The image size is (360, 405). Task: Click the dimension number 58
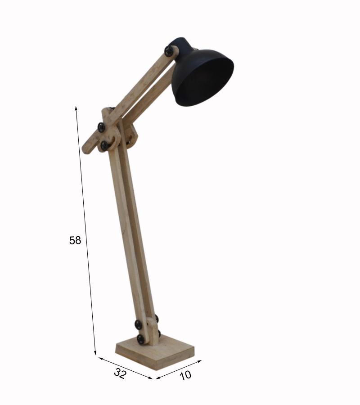[x=75, y=240]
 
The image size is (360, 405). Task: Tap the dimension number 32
[x=120, y=373]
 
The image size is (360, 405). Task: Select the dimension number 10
[x=185, y=375]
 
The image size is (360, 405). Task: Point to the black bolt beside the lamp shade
[x=169, y=51]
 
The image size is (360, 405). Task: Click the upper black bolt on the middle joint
[x=101, y=127]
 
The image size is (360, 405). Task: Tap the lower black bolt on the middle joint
[x=104, y=145]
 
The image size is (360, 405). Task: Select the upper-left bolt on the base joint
[x=139, y=324]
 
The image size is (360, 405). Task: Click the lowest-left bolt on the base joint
[x=141, y=339]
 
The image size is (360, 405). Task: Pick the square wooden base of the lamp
[x=155, y=352]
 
